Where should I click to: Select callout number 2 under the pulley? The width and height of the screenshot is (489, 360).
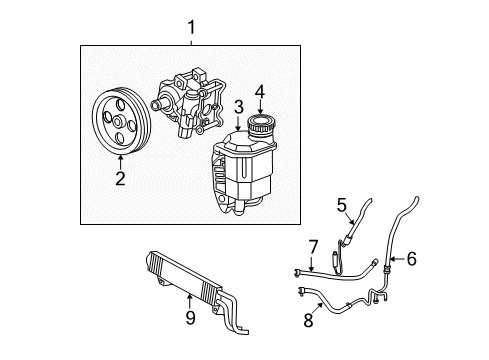(x=119, y=180)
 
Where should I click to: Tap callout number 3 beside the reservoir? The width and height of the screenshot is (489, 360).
(x=238, y=107)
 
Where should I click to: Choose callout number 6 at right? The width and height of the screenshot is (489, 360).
(x=410, y=259)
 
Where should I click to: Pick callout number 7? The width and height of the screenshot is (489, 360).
(x=312, y=246)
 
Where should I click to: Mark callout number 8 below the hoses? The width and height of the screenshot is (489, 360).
(x=309, y=321)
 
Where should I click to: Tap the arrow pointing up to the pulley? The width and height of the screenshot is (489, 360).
(x=119, y=163)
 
